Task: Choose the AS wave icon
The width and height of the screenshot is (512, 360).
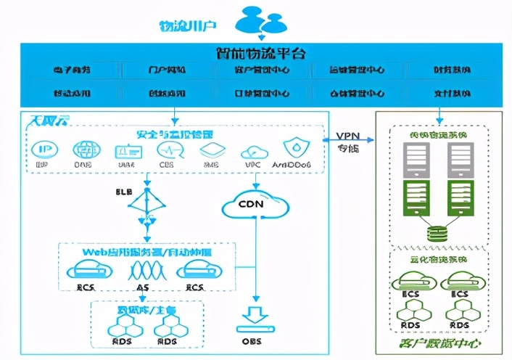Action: [148, 270]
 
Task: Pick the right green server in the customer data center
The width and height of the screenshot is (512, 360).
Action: [460, 196]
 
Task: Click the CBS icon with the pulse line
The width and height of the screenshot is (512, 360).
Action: [167, 150]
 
